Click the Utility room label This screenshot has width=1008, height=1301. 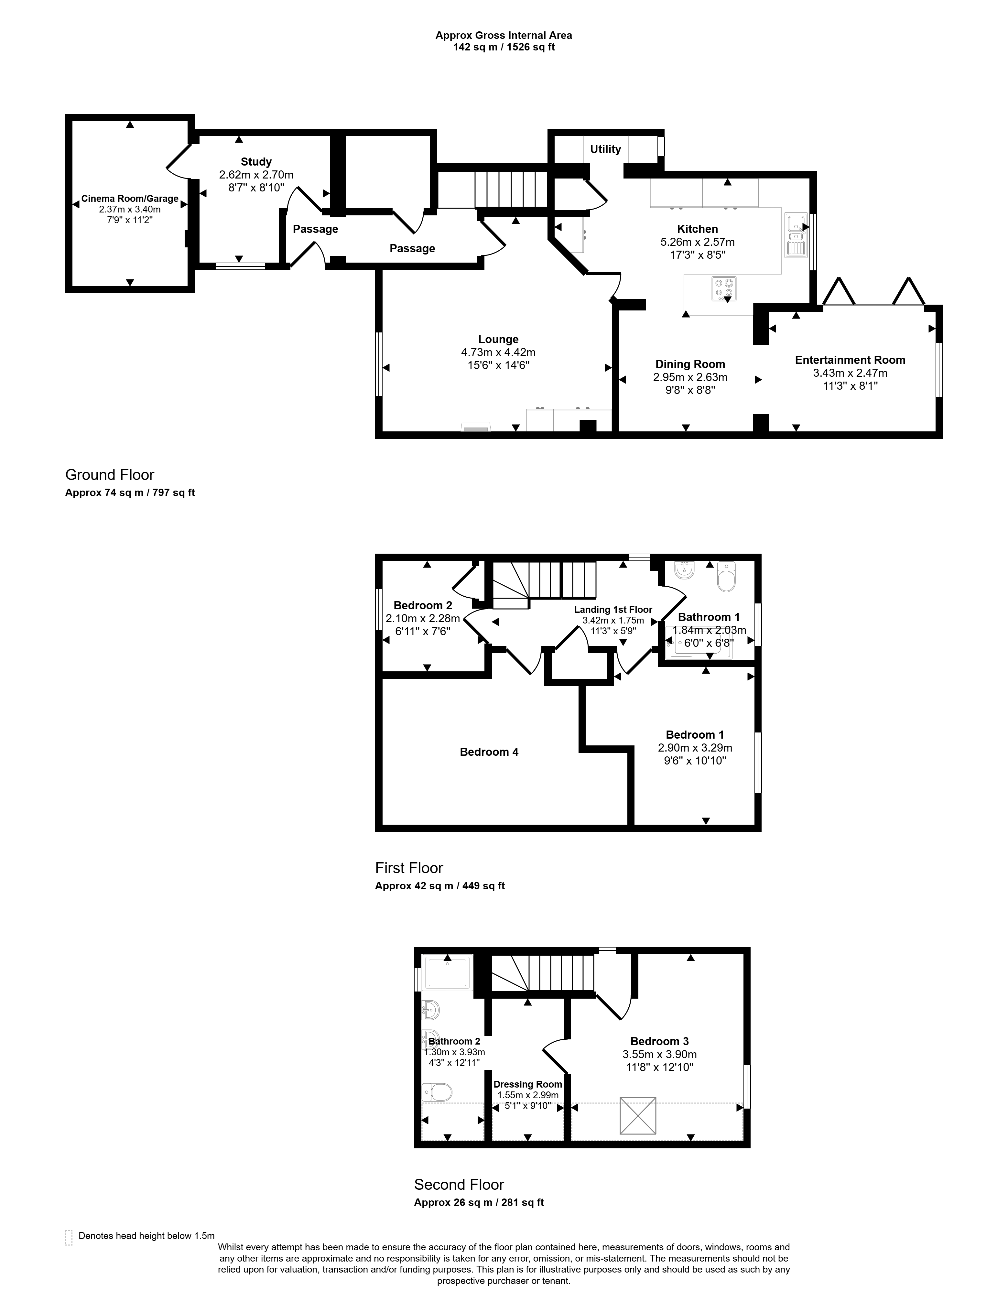point(605,149)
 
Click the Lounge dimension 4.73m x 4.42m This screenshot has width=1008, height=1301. point(498,352)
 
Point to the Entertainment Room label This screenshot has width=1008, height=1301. point(850,360)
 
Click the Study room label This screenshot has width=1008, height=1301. point(256,161)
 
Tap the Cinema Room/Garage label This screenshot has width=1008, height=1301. point(130,199)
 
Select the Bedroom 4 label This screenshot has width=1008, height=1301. point(489,752)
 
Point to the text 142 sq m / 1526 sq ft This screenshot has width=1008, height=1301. point(504,47)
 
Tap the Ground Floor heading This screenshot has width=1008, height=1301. point(110,475)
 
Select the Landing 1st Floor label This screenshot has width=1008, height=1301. point(613,609)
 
